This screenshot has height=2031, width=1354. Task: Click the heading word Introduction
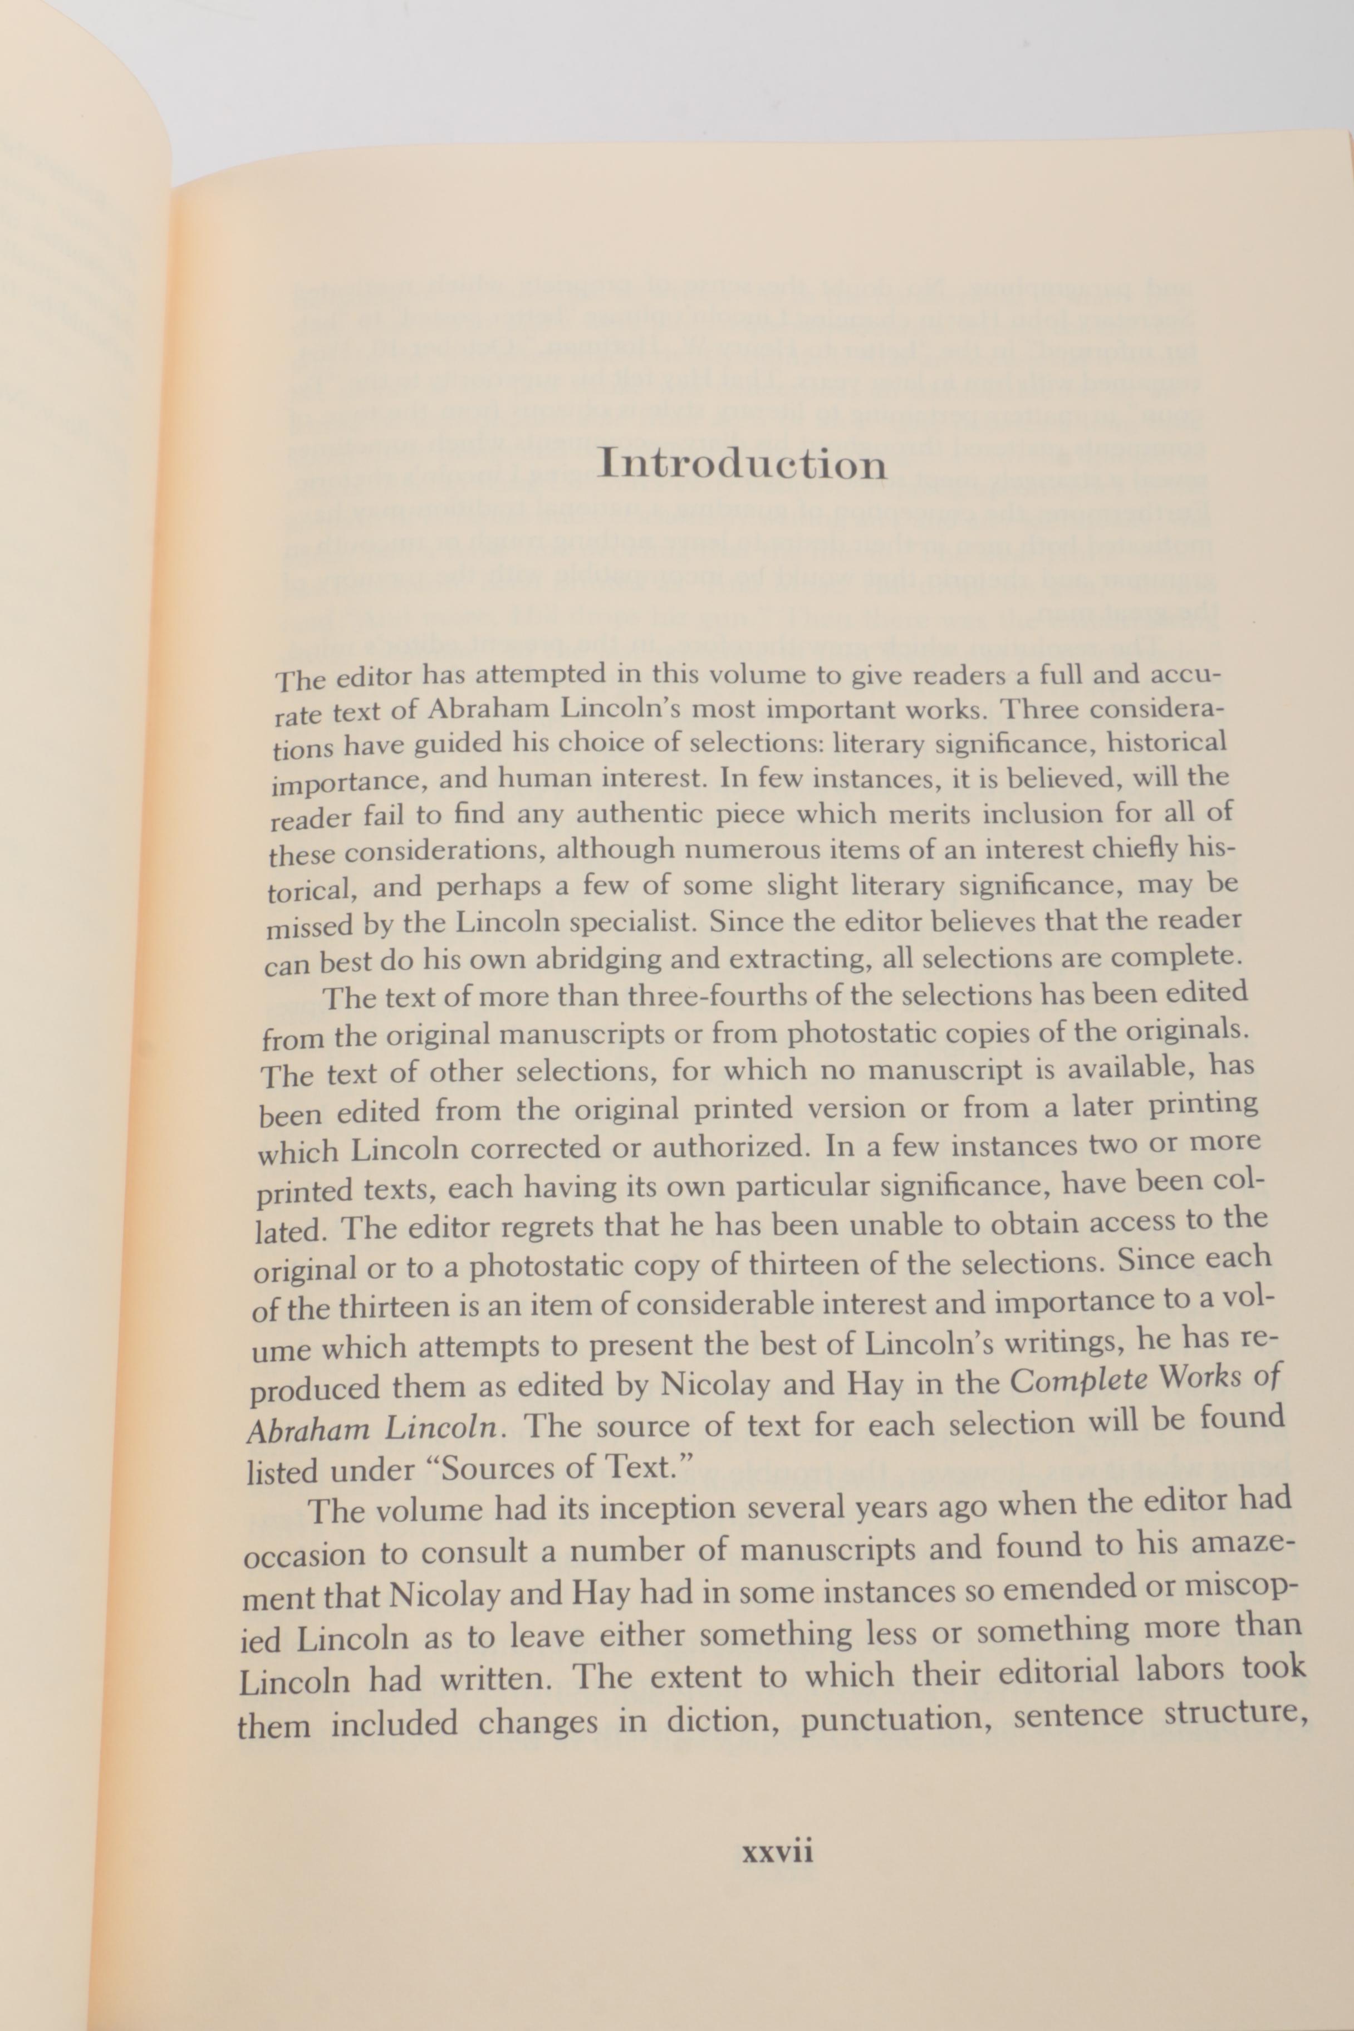pos(743,464)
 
